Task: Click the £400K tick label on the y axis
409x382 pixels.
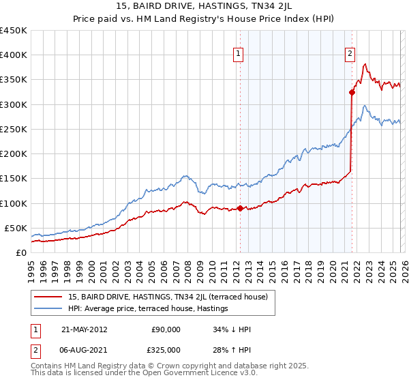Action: (13, 55)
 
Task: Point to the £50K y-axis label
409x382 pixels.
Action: (16, 228)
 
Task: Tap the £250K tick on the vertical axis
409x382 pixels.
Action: (13, 129)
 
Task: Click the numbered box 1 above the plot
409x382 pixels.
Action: (239, 55)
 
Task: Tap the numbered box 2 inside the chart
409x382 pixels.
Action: (350, 55)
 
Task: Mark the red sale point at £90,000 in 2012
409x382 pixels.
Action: (240, 208)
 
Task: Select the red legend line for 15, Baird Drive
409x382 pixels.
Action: (48, 297)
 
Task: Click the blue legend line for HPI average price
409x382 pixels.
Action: (48, 309)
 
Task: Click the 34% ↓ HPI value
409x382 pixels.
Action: (232, 329)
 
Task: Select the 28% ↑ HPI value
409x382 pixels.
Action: (232, 349)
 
